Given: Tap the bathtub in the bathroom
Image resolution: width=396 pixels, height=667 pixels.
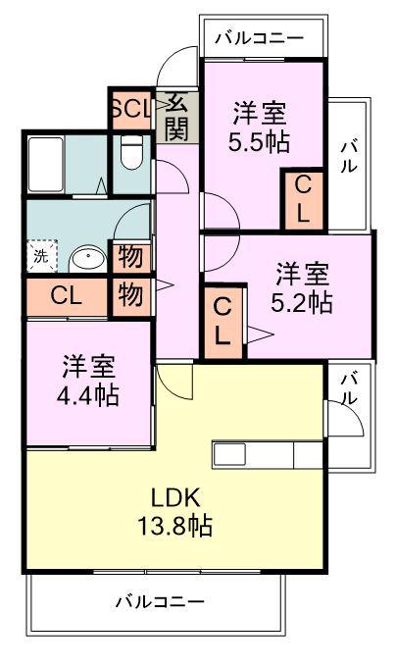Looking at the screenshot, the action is point(46,164).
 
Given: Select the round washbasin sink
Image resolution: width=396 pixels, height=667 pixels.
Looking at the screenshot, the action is point(88,259).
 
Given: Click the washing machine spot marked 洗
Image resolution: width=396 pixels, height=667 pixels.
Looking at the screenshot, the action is point(41,256).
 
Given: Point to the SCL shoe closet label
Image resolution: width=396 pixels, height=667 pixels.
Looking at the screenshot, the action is point(131,109).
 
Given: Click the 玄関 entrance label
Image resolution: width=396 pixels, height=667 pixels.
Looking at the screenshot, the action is point(176,117).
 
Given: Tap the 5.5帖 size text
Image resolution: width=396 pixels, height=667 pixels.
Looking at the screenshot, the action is point(259,142).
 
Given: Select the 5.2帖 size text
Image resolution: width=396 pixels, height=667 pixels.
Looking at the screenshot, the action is point(302,302).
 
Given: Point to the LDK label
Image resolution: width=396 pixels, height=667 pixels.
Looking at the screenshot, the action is point(175,497).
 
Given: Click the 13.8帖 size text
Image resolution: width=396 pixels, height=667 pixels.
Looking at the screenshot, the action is point(175,526).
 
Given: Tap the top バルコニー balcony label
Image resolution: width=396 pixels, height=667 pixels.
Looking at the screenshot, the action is point(260,38).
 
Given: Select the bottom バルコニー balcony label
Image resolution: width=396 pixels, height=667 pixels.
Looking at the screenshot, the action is point(161,601).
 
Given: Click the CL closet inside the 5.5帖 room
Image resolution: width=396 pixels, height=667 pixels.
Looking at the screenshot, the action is point(304,200).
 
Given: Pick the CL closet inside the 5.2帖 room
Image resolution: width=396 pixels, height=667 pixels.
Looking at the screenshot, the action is point(223,322).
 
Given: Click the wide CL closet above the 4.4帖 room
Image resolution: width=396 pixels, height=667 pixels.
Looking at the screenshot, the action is point(67,296).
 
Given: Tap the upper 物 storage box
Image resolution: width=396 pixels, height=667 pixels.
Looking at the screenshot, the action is point(131,257).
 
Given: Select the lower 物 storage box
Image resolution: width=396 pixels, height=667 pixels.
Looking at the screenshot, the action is point(131,296).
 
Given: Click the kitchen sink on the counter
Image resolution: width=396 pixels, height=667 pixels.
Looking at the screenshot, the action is point(229,454).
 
